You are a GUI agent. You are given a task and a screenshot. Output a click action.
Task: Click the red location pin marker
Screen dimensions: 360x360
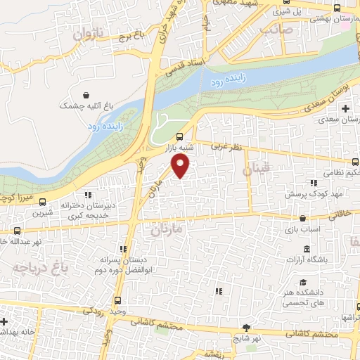[181, 166]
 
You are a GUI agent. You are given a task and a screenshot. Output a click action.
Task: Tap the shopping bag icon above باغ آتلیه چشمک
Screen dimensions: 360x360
[86, 95]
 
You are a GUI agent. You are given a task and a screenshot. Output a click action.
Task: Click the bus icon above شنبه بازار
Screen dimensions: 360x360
[179, 136]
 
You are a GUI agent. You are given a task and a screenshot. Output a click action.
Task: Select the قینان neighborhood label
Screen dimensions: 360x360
[256, 169]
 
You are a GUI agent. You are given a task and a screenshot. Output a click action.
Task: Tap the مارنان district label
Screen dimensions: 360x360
[167, 229]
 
